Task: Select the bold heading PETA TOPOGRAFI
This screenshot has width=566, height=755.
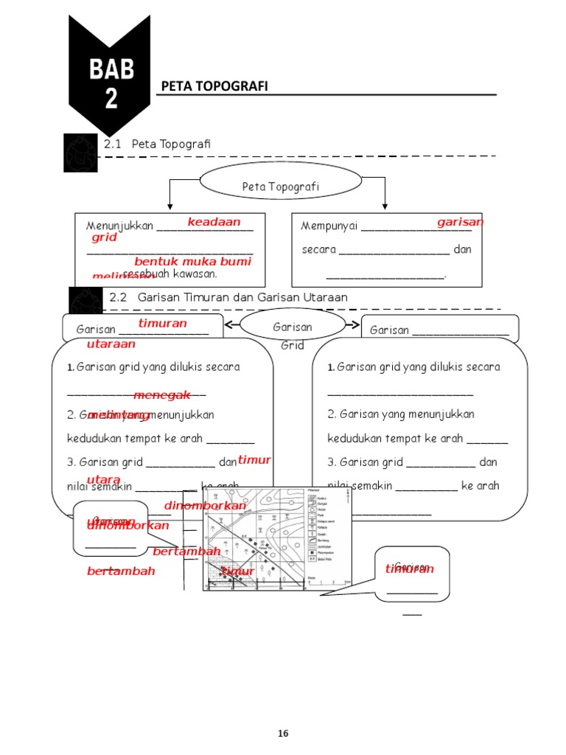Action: pos(214,87)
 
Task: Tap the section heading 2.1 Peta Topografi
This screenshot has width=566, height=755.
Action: pos(157,144)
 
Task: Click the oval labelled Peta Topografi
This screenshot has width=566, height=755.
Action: pos(281,187)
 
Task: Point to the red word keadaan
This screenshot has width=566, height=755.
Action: pos(214,222)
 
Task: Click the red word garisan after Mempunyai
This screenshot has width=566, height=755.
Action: pos(460,222)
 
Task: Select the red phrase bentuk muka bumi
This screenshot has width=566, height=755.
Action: pos(192,262)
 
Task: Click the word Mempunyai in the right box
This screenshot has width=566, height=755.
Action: pos(329,226)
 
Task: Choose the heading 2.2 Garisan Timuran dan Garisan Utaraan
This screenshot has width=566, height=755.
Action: pos(228,297)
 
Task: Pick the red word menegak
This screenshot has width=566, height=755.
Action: pos(162,395)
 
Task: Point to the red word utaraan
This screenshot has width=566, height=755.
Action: pos(111,344)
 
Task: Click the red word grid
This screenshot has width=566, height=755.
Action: pos(105,238)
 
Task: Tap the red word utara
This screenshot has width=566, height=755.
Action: pos(103,480)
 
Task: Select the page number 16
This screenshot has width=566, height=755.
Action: pos(283,733)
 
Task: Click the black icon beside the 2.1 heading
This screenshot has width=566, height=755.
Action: pos(80,153)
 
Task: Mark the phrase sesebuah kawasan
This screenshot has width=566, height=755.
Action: pos(170,274)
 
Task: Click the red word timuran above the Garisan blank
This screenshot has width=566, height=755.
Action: pos(163,324)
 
